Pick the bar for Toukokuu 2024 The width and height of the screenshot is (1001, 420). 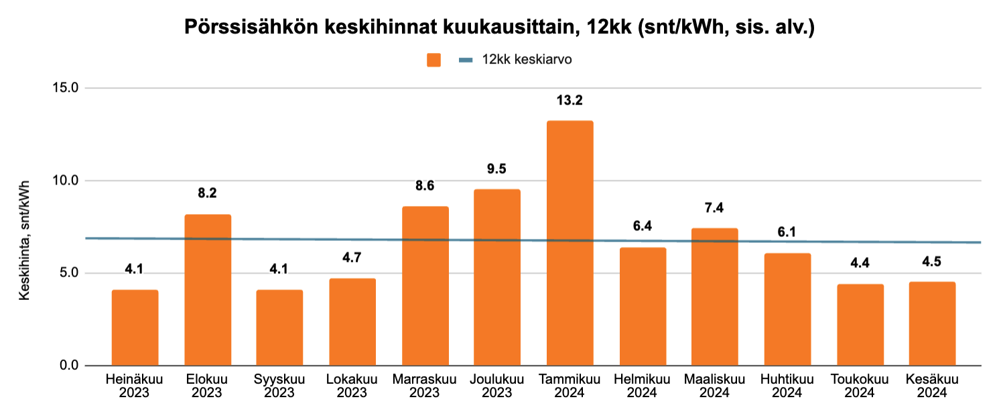tap(860, 325)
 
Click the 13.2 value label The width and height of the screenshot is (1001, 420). tap(570, 101)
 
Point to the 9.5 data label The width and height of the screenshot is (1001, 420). tap(497, 169)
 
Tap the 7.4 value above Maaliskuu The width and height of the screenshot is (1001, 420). tap(715, 208)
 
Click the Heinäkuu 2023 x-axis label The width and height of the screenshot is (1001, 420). tap(135, 386)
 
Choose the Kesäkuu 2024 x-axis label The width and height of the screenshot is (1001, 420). tap(932, 386)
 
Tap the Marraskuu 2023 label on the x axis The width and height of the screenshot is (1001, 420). tap(425, 386)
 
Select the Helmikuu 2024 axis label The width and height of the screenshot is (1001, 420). tap(642, 386)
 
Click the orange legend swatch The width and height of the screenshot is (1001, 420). tap(434, 60)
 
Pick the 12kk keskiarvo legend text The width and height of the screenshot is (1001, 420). tap(526, 60)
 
